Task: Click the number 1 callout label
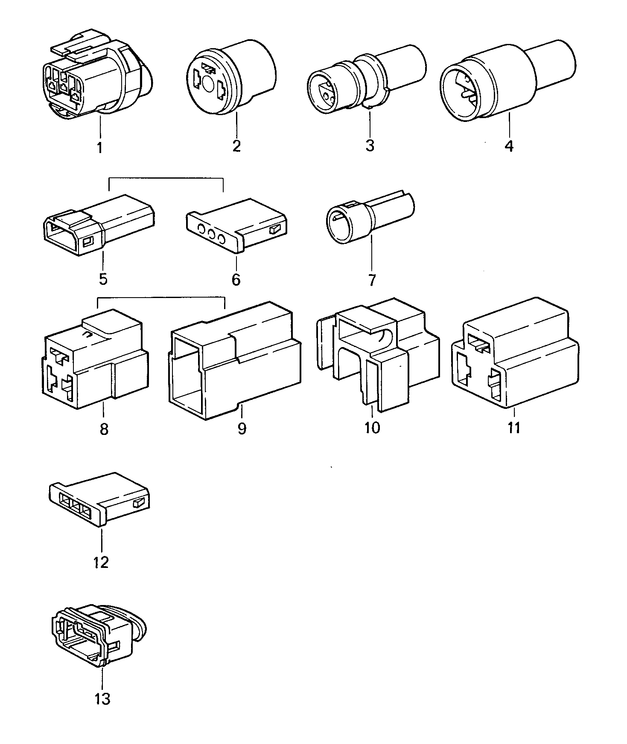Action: tap(99, 148)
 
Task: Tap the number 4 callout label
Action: tap(508, 146)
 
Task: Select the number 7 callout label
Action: tap(371, 280)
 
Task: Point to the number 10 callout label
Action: tap(372, 427)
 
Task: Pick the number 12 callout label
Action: tap(102, 562)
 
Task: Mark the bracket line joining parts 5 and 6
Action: tap(166, 178)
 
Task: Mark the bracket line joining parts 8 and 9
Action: tap(161, 297)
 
